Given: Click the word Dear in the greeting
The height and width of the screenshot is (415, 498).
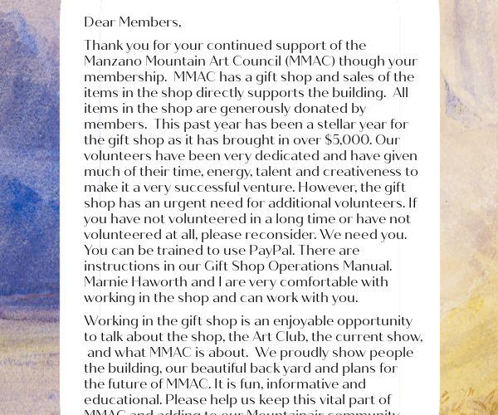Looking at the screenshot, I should point(100,22).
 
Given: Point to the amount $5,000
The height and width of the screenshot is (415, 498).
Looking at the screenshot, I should point(360,140).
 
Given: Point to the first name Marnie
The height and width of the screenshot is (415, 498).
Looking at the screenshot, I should point(106,282).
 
